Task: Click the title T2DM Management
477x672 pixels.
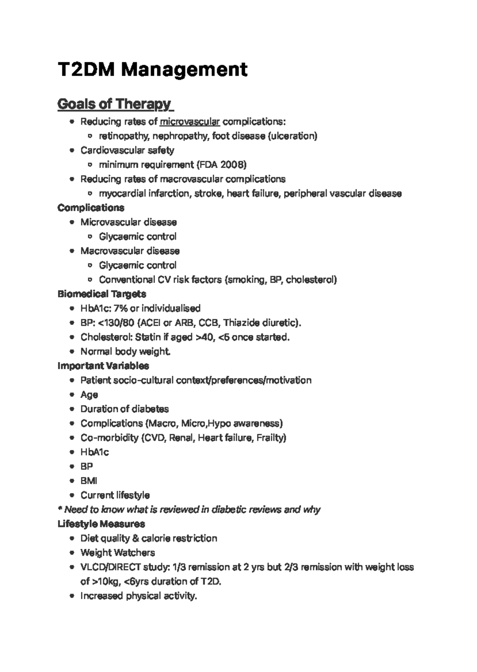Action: point(152,70)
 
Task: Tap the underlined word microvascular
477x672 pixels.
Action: point(190,122)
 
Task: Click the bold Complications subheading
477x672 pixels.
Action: point(91,208)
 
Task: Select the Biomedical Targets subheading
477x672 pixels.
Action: point(101,294)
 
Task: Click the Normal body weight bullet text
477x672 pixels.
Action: point(126,351)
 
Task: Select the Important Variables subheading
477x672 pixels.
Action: point(103,366)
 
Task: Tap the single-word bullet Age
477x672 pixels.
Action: point(89,395)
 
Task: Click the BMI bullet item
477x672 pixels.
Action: point(89,481)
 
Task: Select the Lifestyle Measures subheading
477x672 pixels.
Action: point(101,524)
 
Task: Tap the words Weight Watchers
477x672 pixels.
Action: point(118,553)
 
